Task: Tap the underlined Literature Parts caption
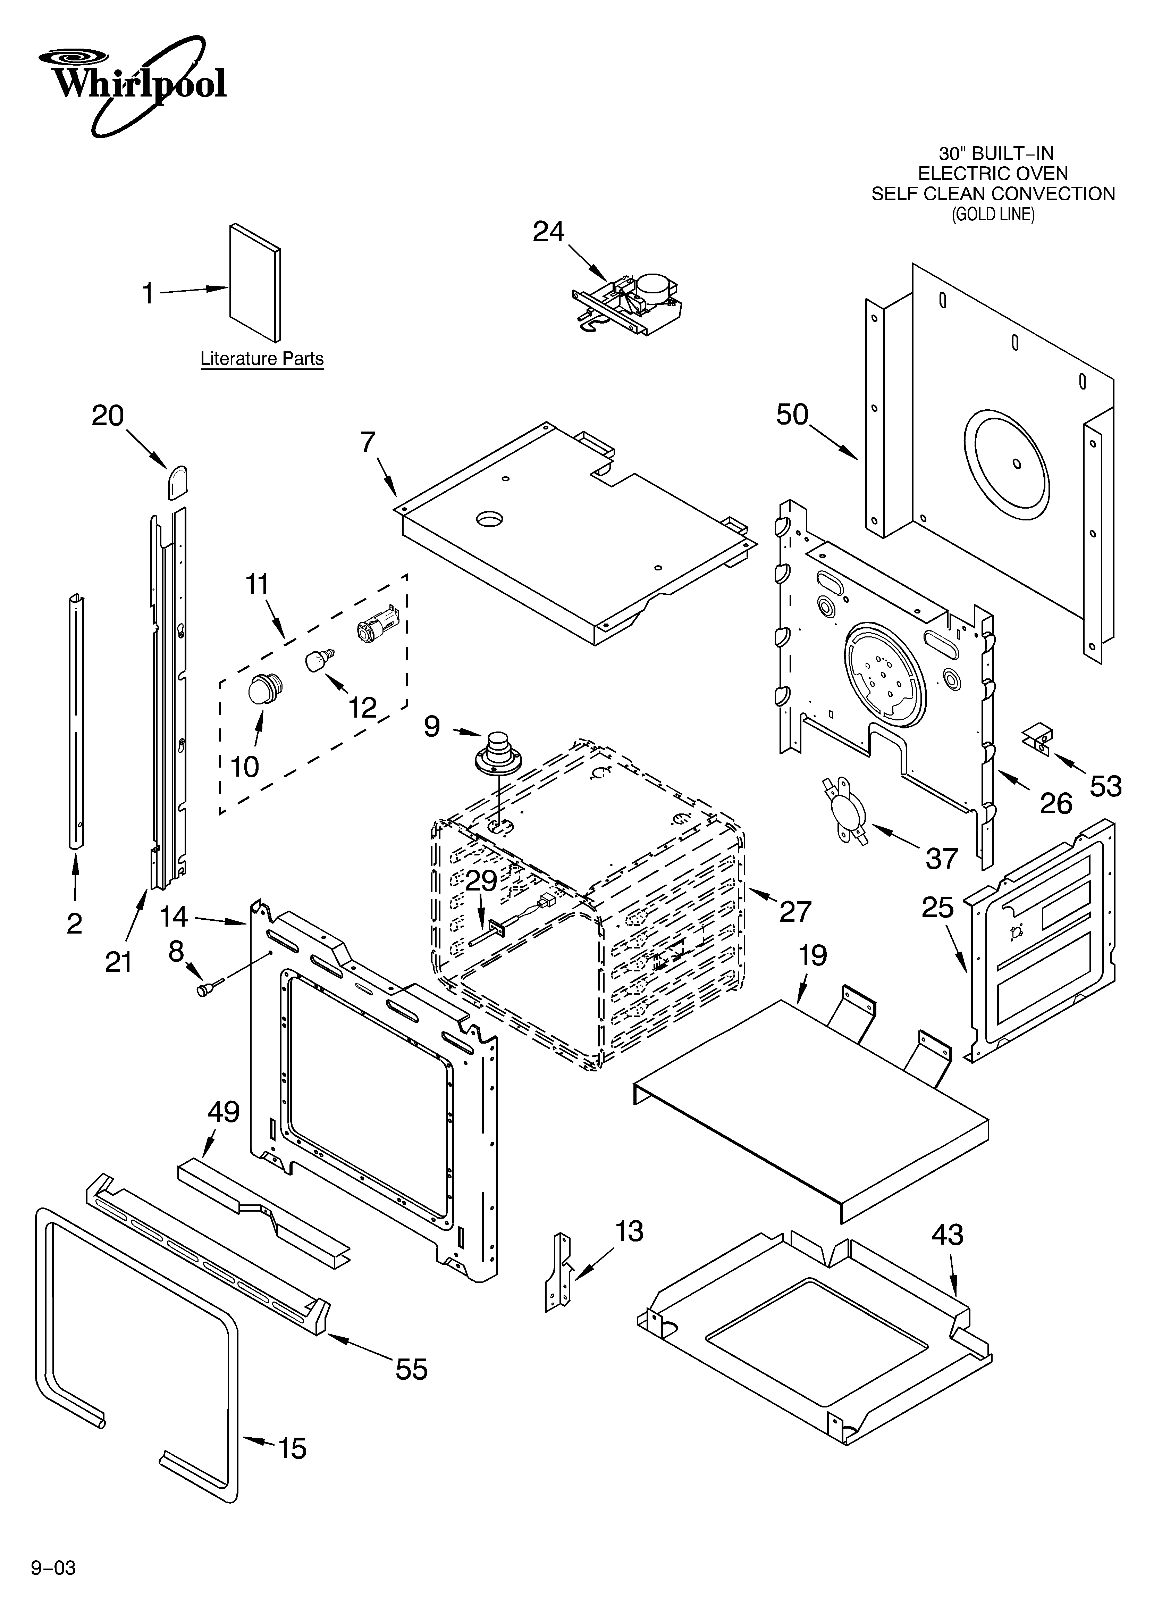[262, 359]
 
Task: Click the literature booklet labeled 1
[255, 283]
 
